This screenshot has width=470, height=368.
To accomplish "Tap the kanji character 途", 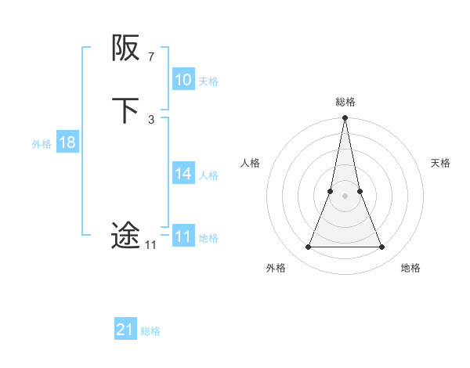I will click(x=125, y=235).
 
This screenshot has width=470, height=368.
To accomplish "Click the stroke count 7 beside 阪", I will click(x=151, y=57).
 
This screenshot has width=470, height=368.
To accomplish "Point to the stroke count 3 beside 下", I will click(x=151, y=119).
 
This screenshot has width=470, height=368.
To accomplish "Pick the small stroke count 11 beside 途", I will click(x=150, y=245).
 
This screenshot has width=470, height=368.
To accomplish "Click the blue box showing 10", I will click(x=183, y=80).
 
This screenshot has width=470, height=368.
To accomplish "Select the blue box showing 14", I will click(x=183, y=174).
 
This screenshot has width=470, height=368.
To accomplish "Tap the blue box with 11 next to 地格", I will click(x=183, y=236).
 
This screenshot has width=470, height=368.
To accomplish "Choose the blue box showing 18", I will click(x=67, y=143).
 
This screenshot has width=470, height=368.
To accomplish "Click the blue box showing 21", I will click(x=125, y=330).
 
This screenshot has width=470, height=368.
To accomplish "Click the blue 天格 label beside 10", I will click(x=208, y=81).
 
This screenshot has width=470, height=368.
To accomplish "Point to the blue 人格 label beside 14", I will click(x=208, y=175).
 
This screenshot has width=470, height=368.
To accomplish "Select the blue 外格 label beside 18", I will click(x=42, y=144).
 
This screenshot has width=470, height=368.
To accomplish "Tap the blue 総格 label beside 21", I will click(x=150, y=332).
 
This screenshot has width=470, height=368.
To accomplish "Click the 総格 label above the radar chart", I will click(x=345, y=102).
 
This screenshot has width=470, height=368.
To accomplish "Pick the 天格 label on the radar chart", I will click(x=441, y=163).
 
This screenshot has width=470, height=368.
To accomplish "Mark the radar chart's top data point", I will click(x=345, y=118).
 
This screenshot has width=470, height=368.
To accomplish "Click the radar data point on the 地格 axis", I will click(x=382, y=247).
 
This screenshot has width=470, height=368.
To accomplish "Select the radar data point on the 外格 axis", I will click(x=308, y=247).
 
